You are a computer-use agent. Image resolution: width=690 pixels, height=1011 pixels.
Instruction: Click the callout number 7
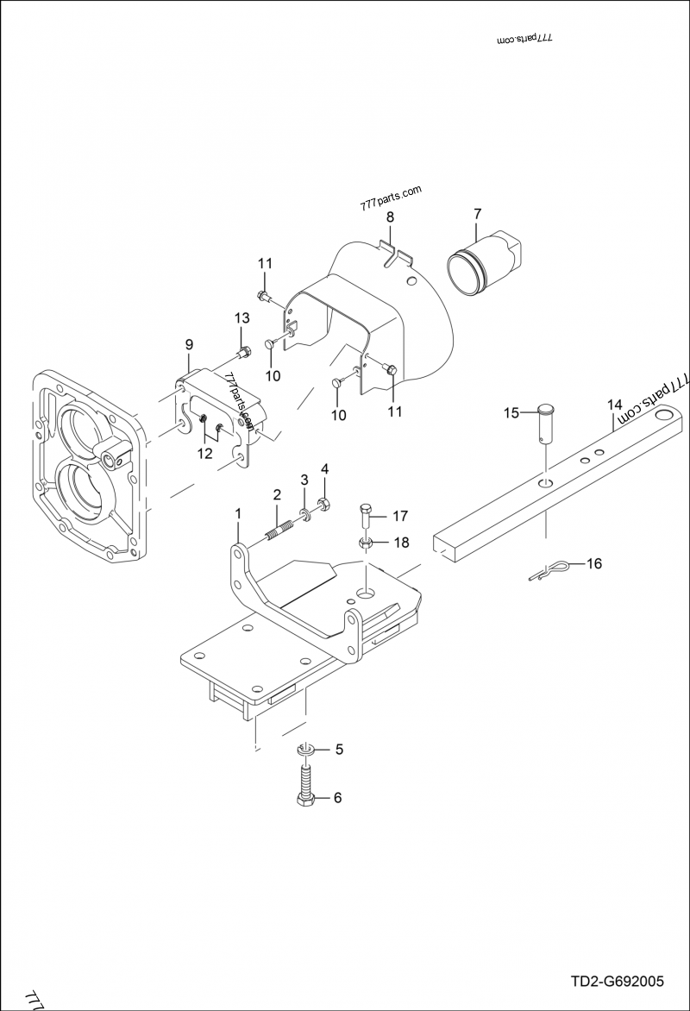478,213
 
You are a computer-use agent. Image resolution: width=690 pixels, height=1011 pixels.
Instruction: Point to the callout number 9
189,345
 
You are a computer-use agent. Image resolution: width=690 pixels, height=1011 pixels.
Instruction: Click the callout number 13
241,319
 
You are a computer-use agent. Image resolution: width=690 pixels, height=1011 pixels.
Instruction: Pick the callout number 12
205,453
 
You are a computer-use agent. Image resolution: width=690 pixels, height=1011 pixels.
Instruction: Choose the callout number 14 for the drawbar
614,404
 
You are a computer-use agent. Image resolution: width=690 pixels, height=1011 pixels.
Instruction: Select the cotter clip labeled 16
546,571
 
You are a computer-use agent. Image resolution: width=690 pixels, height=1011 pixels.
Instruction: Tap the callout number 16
594,564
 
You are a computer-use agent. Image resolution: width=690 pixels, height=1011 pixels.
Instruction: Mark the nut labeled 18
365,543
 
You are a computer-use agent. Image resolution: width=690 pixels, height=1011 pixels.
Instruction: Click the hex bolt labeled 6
306,789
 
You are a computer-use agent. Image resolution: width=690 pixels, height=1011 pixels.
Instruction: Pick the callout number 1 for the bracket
238,513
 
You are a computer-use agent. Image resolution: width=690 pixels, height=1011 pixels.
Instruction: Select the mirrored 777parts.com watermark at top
525,41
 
